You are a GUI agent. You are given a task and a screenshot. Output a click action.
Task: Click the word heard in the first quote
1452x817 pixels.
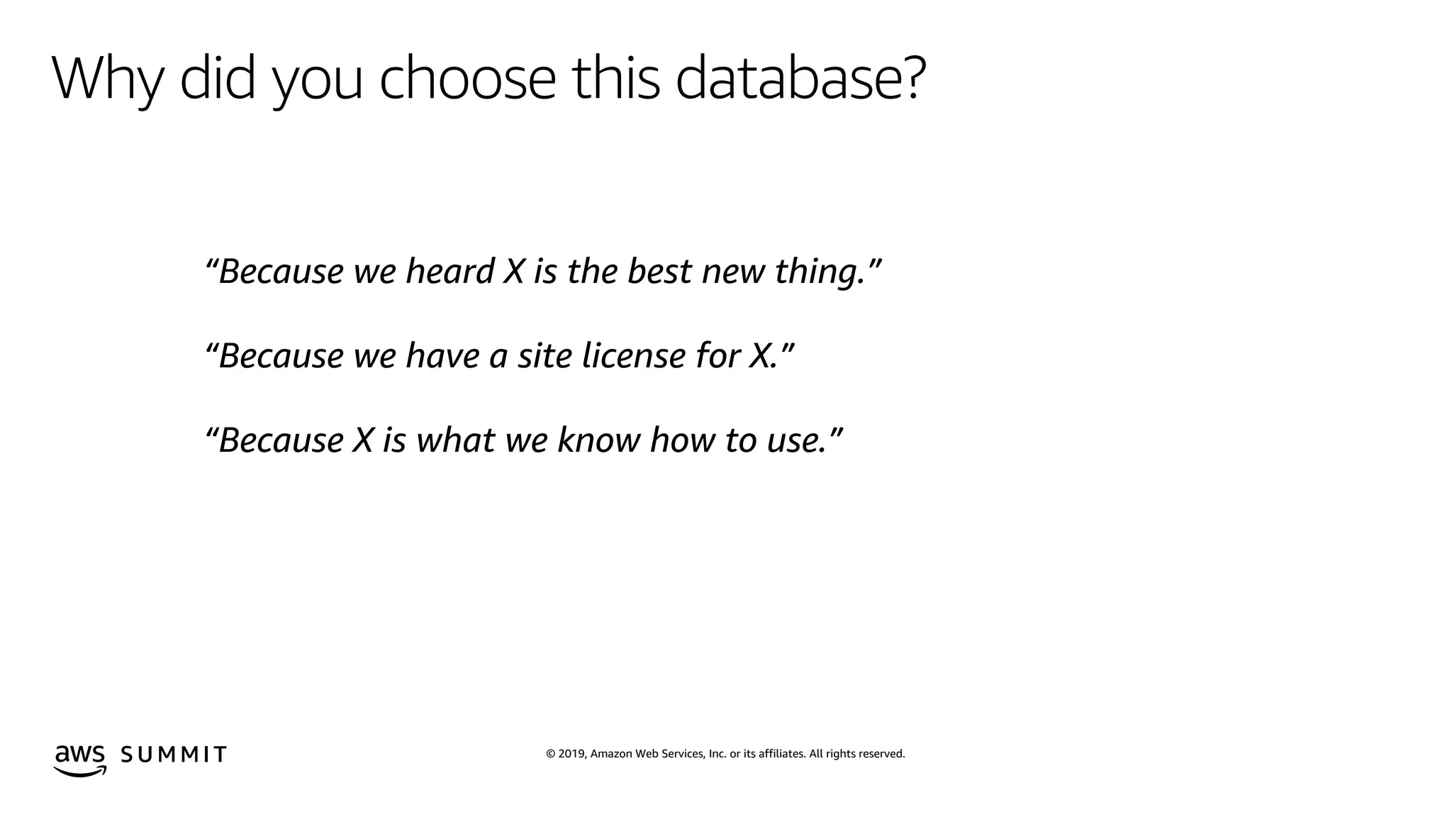coord(449,272)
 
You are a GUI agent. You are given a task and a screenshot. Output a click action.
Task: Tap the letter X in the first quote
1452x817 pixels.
coord(513,272)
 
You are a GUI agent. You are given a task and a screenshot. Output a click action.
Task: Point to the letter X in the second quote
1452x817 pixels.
coord(760,356)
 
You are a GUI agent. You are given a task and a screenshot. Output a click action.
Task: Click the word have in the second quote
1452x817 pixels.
coord(442,356)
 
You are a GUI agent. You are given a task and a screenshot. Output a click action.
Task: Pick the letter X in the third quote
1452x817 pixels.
coord(362,440)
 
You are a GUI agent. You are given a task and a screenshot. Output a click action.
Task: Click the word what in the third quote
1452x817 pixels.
coord(455,440)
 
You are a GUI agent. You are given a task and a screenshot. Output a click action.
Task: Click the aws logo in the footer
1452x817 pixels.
coord(80,760)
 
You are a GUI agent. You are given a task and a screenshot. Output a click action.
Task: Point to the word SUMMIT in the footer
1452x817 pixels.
coord(174,754)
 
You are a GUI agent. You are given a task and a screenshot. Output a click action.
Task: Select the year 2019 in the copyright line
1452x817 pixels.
coord(571,754)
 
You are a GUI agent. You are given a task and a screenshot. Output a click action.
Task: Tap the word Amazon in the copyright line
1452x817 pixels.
coord(610,754)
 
